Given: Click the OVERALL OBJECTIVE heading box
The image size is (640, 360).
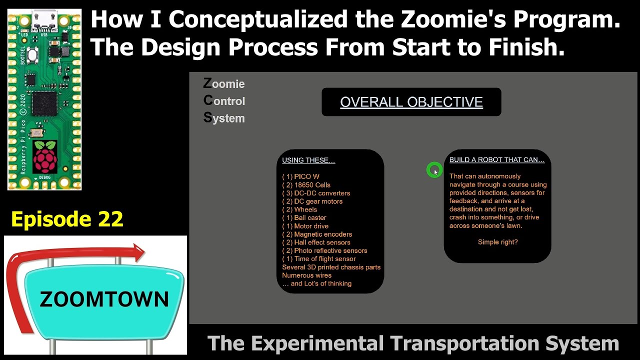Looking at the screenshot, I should (x=411, y=102).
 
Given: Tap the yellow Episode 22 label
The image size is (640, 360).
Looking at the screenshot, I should (x=67, y=219).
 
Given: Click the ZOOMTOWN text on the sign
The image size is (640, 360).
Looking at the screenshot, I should (x=104, y=299).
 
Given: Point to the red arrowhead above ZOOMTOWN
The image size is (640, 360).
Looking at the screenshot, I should (x=136, y=252).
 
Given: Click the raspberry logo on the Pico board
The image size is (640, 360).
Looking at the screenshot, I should (x=45, y=156).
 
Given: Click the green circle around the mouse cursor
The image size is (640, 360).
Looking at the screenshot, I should (x=434, y=170).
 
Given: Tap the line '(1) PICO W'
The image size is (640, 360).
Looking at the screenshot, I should (x=300, y=176).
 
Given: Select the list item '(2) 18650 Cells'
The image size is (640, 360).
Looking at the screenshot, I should (x=306, y=185).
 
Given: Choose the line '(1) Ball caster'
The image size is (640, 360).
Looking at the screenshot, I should (x=304, y=218).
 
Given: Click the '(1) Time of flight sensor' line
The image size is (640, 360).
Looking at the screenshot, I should (x=319, y=259).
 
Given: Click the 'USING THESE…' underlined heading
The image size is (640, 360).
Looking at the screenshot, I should (x=308, y=160).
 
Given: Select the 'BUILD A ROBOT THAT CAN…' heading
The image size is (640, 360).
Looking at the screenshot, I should (x=497, y=160).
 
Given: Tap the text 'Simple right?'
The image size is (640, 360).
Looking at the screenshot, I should (x=497, y=242).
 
